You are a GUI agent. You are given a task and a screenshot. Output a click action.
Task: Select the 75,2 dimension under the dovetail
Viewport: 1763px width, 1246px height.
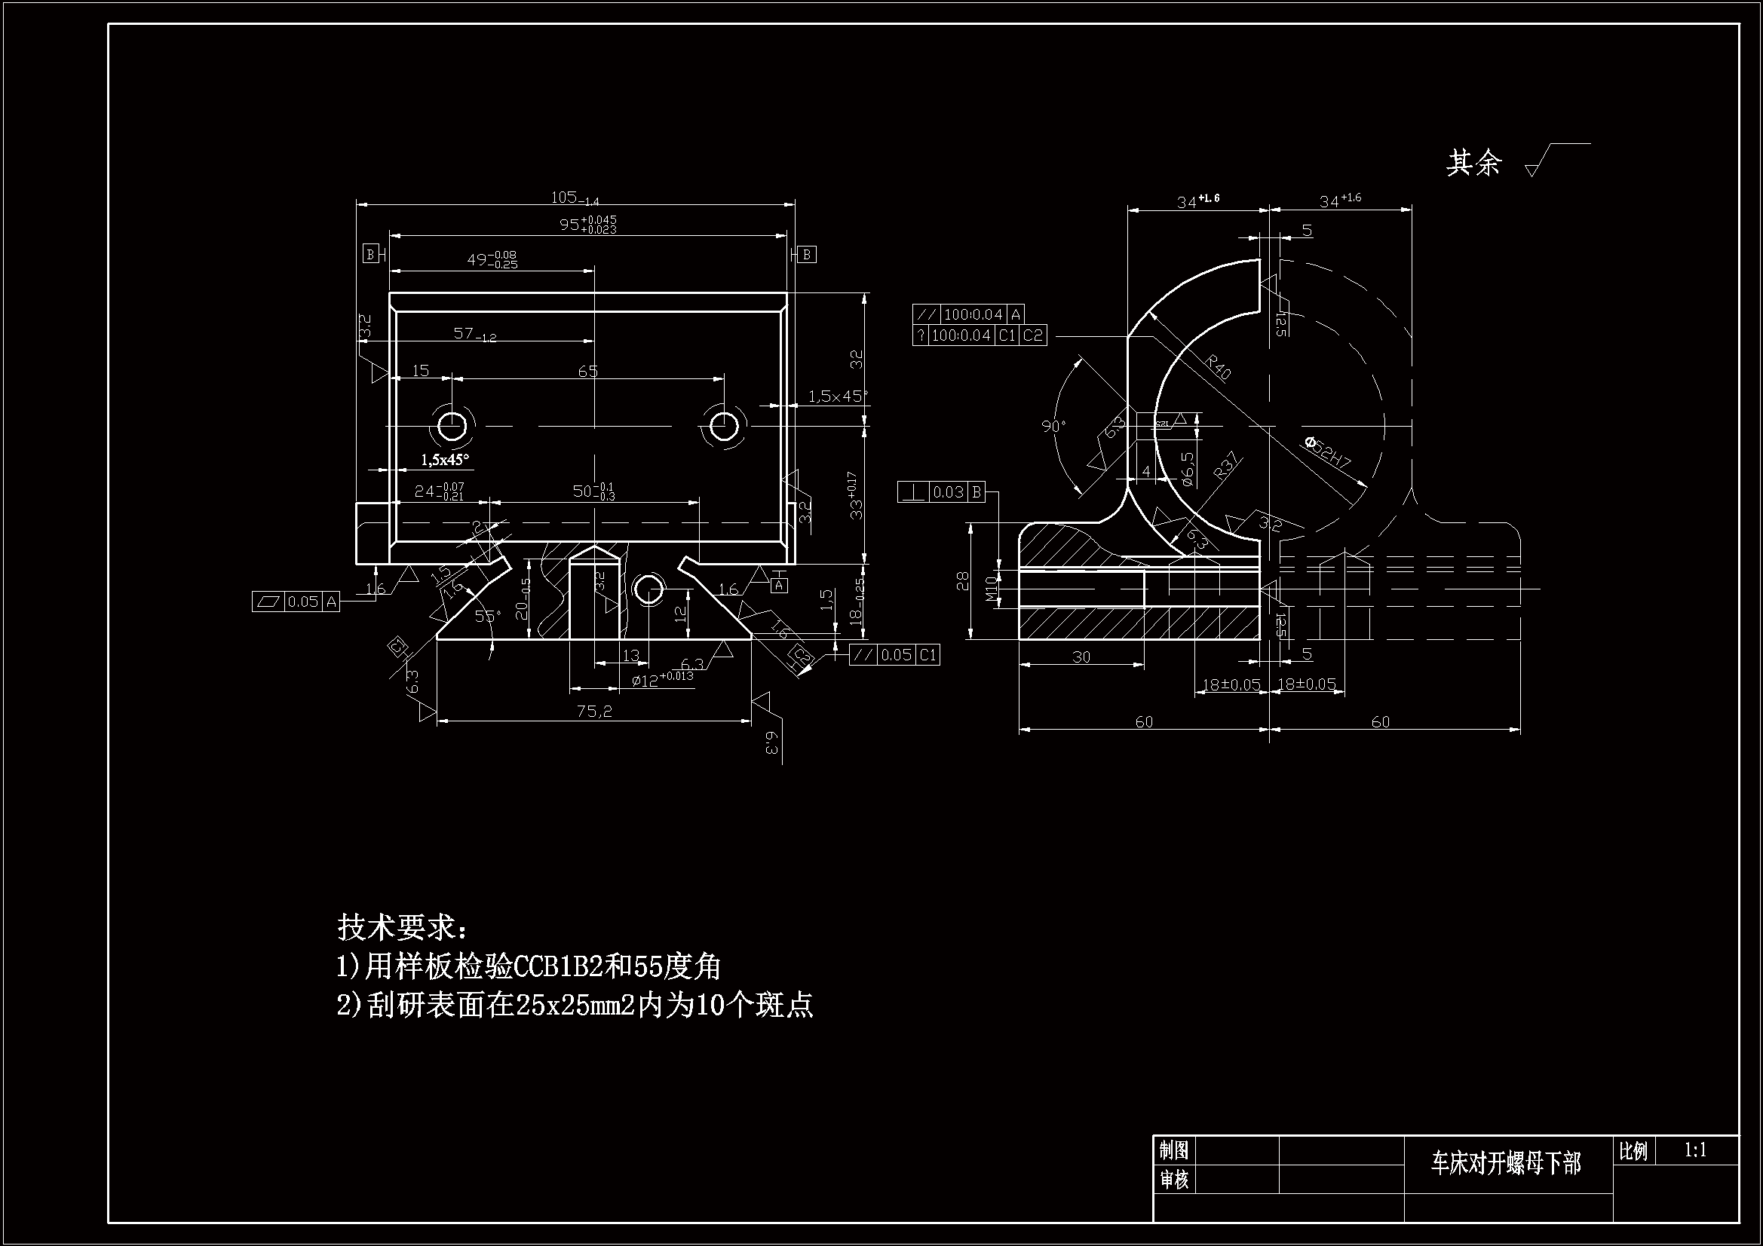594,712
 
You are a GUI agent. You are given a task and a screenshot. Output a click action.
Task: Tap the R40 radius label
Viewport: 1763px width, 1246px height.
1219,366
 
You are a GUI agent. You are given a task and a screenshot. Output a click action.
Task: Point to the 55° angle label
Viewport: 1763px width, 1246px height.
487,616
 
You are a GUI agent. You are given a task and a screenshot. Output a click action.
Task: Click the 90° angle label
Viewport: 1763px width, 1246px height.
1054,426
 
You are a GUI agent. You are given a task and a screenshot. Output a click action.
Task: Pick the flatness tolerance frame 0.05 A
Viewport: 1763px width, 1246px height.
296,602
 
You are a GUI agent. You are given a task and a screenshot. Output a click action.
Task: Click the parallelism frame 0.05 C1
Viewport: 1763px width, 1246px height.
894,655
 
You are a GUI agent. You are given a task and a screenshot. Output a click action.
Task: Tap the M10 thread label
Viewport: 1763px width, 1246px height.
991,589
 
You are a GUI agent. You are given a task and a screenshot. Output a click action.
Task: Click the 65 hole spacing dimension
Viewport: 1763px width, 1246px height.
587,372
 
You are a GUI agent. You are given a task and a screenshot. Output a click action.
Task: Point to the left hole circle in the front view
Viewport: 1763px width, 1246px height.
452,424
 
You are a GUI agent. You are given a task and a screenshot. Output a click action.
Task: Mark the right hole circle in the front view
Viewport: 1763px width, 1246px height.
723,424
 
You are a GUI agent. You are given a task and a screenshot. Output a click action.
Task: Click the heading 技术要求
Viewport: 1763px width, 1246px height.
401,926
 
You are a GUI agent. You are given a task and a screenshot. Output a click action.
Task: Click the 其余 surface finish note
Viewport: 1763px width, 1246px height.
1473,163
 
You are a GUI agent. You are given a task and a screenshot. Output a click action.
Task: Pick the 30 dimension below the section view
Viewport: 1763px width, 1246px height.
1081,657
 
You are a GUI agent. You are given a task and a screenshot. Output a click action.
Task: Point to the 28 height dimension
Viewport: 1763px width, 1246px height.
963,583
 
